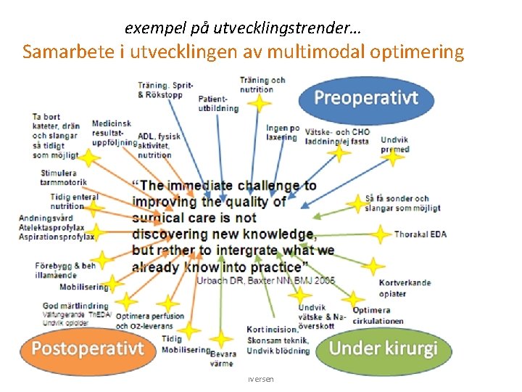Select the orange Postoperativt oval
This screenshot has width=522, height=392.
(x=87, y=347)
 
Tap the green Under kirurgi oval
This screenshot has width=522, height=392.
(x=384, y=348)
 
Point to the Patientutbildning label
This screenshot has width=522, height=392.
(x=217, y=103)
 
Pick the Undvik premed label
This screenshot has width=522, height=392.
(x=394, y=144)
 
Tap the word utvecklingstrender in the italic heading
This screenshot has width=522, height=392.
(x=290, y=28)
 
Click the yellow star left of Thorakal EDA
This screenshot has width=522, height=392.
(x=380, y=234)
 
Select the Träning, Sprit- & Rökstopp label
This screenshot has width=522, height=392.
(x=165, y=89)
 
